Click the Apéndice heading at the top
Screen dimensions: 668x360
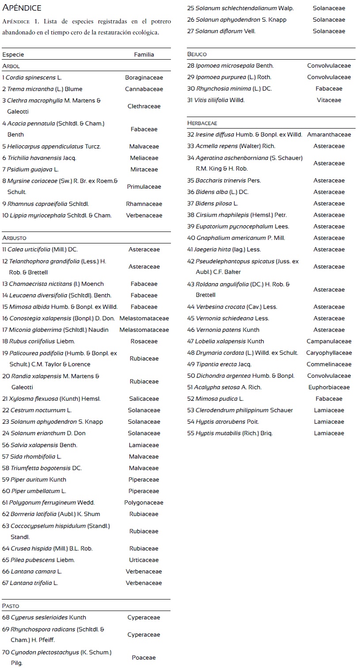click(x=22, y=8)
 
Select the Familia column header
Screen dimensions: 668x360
click(x=144, y=54)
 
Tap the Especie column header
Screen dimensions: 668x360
click(x=13, y=54)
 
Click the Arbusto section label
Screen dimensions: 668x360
click(x=14, y=238)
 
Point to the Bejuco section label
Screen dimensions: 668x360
click(x=197, y=54)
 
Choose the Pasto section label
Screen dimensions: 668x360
click(x=11, y=606)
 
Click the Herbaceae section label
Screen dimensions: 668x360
click(x=202, y=123)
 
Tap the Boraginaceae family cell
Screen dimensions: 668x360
click(x=144, y=77)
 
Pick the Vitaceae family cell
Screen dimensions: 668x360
click(x=329, y=100)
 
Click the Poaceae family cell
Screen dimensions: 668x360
click(x=144, y=657)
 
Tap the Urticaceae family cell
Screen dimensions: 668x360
click(x=144, y=560)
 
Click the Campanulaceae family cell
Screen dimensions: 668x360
click(x=329, y=341)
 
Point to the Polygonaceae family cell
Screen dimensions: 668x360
click(x=144, y=502)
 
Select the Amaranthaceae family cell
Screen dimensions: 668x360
click(x=329, y=134)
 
